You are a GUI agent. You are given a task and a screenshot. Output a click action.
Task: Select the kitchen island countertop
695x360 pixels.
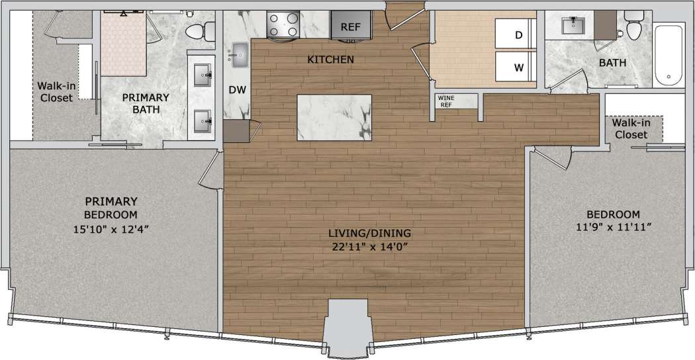(x=334, y=117)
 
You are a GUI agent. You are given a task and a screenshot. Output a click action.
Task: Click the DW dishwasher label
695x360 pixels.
(x=238, y=90)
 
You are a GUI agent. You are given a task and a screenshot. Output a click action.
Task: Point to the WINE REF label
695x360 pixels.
(x=445, y=101)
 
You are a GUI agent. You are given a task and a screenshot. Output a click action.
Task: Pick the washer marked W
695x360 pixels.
(x=516, y=67)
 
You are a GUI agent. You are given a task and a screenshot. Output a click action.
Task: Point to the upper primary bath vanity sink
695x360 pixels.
(x=201, y=75)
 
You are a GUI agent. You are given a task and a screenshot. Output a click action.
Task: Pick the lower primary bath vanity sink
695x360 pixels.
(x=201, y=120)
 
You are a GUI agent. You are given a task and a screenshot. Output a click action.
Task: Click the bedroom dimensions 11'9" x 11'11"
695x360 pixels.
(x=614, y=228)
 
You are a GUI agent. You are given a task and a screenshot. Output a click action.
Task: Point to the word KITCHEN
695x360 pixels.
(x=331, y=60)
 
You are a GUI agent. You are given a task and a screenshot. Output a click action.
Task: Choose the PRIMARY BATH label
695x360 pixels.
(x=146, y=103)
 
